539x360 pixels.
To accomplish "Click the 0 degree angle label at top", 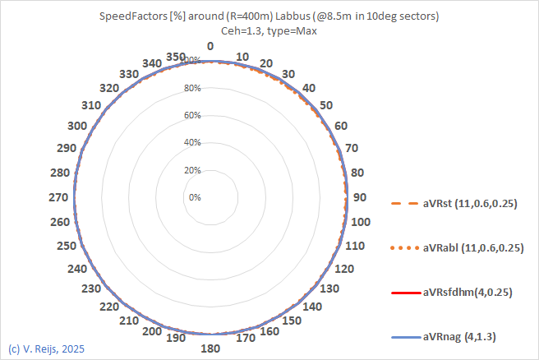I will (x=210, y=47).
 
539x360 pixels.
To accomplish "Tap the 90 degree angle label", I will (x=358, y=197).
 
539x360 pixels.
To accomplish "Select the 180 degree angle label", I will (x=210, y=348).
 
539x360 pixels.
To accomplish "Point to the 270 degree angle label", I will (x=59, y=197).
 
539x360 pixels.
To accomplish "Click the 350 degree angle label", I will (x=175, y=56).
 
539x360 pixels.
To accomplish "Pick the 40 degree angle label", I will (x=308, y=88).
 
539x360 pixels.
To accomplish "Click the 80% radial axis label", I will (x=192, y=88).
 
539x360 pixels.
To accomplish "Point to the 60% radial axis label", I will (x=192, y=115).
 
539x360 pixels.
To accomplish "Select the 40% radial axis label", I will (x=192, y=143).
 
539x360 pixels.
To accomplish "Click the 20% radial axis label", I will (x=192, y=170).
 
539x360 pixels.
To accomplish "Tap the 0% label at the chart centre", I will (x=195, y=197).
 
